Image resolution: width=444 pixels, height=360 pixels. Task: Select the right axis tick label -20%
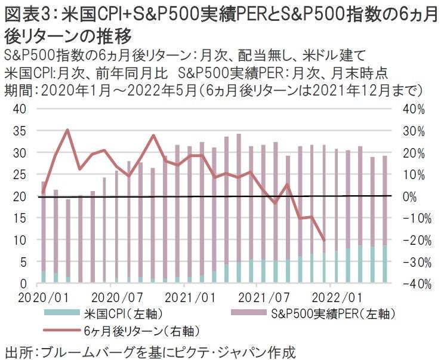coord(412,240)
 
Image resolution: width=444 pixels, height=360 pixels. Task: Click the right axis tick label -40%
coord(412,284)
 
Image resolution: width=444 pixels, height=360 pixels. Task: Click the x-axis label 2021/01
coord(190,296)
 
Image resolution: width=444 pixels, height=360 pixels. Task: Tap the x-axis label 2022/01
coord(338,296)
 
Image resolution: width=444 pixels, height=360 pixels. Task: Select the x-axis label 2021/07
coord(264,296)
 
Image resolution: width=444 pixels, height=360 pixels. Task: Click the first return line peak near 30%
coord(67,130)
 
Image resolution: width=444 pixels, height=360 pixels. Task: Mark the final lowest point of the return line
coord(324,241)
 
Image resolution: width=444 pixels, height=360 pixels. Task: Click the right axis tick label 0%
coord(415,196)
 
